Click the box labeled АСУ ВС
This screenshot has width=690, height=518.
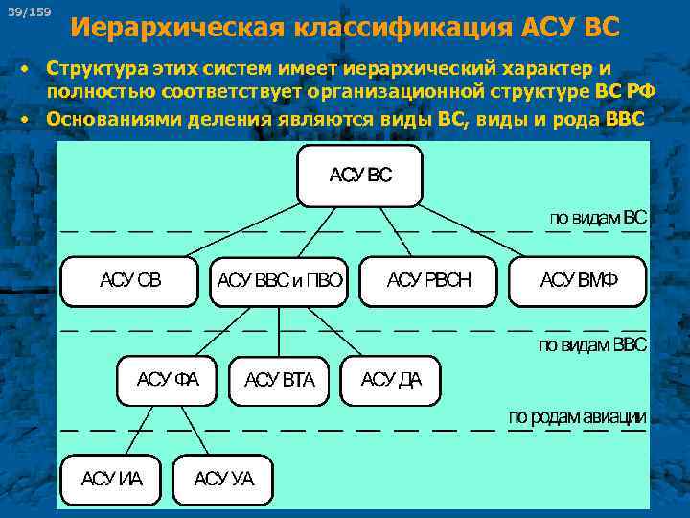coord(359,176)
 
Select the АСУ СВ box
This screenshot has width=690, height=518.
coord(130,280)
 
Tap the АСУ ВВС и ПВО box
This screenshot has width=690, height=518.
coord(279,281)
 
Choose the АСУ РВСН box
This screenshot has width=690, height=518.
coord(428,280)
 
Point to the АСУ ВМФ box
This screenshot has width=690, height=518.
coord(578,280)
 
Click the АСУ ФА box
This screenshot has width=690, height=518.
coord(168,380)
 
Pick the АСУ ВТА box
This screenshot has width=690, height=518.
coord(279,380)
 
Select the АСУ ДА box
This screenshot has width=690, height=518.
coord(390,380)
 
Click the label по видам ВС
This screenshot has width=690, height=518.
coord(597,218)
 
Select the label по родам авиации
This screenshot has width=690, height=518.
coord(577,417)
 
